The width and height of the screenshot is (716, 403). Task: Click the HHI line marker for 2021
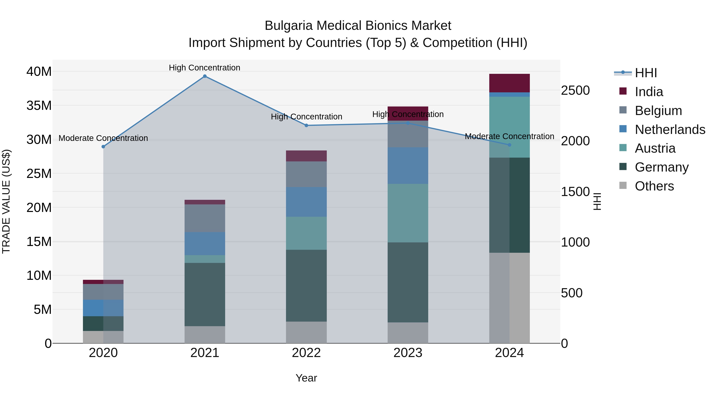pos(205,76)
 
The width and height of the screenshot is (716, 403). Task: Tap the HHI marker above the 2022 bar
pos(306,125)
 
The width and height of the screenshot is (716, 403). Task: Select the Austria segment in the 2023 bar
pos(408,213)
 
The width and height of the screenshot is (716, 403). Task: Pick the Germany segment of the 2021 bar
pos(205,294)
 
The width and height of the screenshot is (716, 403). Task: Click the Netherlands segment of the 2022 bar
pos(306,202)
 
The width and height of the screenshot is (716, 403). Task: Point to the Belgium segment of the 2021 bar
pos(205,218)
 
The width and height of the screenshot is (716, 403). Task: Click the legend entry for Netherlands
pos(670,130)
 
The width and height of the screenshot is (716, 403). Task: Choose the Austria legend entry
pos(655,148)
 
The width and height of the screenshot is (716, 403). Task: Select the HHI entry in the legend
pos(646,73)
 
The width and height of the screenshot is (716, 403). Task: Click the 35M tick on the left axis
pos(39,106)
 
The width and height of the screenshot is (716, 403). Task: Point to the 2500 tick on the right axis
pos(575,90)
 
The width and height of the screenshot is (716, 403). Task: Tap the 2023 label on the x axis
pos(408,353)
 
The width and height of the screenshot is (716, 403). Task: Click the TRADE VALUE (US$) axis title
pos(6,201)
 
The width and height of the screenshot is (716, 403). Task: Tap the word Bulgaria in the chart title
pos(289,26)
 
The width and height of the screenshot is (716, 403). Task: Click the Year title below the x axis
pos(306,378)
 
